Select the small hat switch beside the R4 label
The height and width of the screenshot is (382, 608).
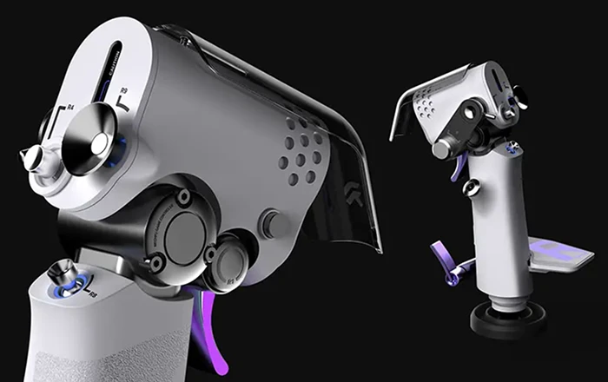click(34, 159)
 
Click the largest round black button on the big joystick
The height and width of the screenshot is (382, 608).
click(185, 229)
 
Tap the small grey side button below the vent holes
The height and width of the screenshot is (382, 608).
click(275, 224)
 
